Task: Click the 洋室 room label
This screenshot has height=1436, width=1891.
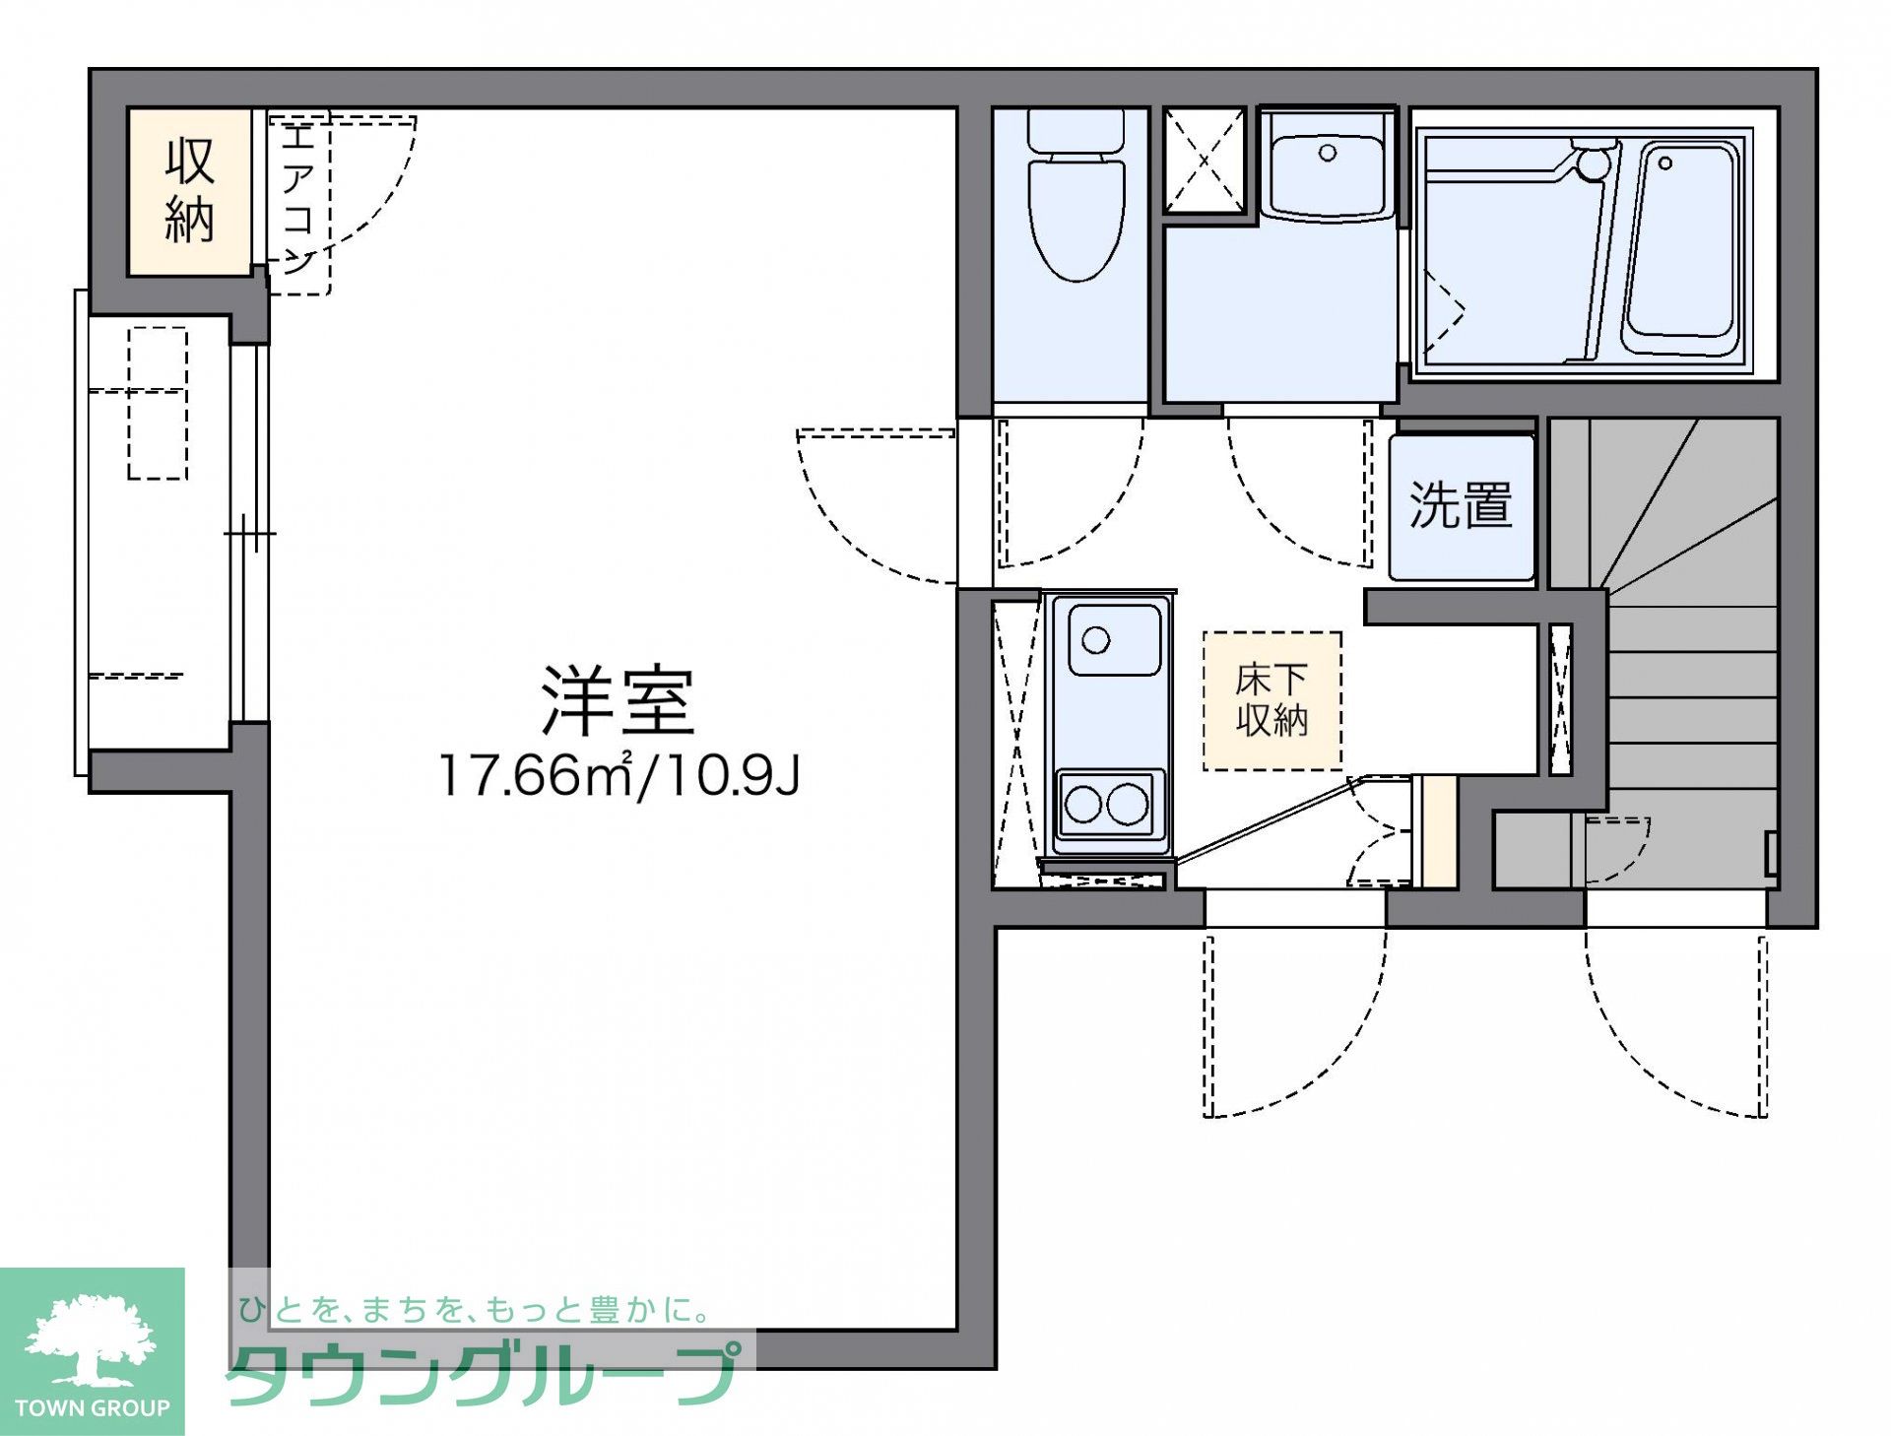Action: tap(618, 700)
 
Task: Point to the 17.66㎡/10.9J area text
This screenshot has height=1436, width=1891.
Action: tap(619, 775)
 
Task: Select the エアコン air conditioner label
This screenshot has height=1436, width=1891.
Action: tap(297, 197)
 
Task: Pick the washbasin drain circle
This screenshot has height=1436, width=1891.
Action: tap(1328, 153)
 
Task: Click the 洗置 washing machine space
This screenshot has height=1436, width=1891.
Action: tap(1462, 506)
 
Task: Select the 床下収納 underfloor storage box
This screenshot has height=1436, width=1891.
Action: tap(1272, 700)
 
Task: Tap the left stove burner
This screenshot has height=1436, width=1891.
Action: tap(1082, 805)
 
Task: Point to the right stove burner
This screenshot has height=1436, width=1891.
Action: tap(1127, 805)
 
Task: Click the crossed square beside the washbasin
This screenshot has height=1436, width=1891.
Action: tap(1205, 161)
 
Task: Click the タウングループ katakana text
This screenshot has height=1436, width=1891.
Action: tap(483, 1374)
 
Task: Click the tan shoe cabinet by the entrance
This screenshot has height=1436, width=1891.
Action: tap(1434, 831)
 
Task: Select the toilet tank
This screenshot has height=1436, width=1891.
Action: tap(1076, 130)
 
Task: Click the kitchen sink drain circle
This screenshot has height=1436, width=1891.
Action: tap(1095, 640)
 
